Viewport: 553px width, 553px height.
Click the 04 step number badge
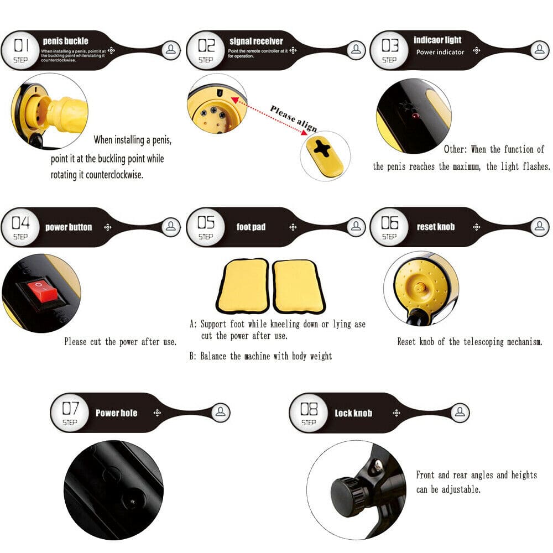click(x=20, y=227)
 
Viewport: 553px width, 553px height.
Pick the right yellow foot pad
click(x=298, y=285)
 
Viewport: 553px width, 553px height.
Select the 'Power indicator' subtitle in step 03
click(x=440, y=52)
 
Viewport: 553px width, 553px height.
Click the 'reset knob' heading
click(x=435, y=227)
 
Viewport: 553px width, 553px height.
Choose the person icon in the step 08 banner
click(x=461, y=412)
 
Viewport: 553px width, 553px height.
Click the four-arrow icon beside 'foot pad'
click(x=294, y=227)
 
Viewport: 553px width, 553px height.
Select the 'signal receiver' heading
click(x=256, y=41)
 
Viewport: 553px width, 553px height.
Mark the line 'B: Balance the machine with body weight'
click(x=260, y=356)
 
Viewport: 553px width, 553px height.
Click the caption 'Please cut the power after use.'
click(x=121, y=342)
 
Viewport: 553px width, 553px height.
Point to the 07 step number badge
click(x=70, y=413)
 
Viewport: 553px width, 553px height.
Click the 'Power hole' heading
click(x=116, y=413)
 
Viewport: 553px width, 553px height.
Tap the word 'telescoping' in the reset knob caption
click(x=475, y=342)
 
